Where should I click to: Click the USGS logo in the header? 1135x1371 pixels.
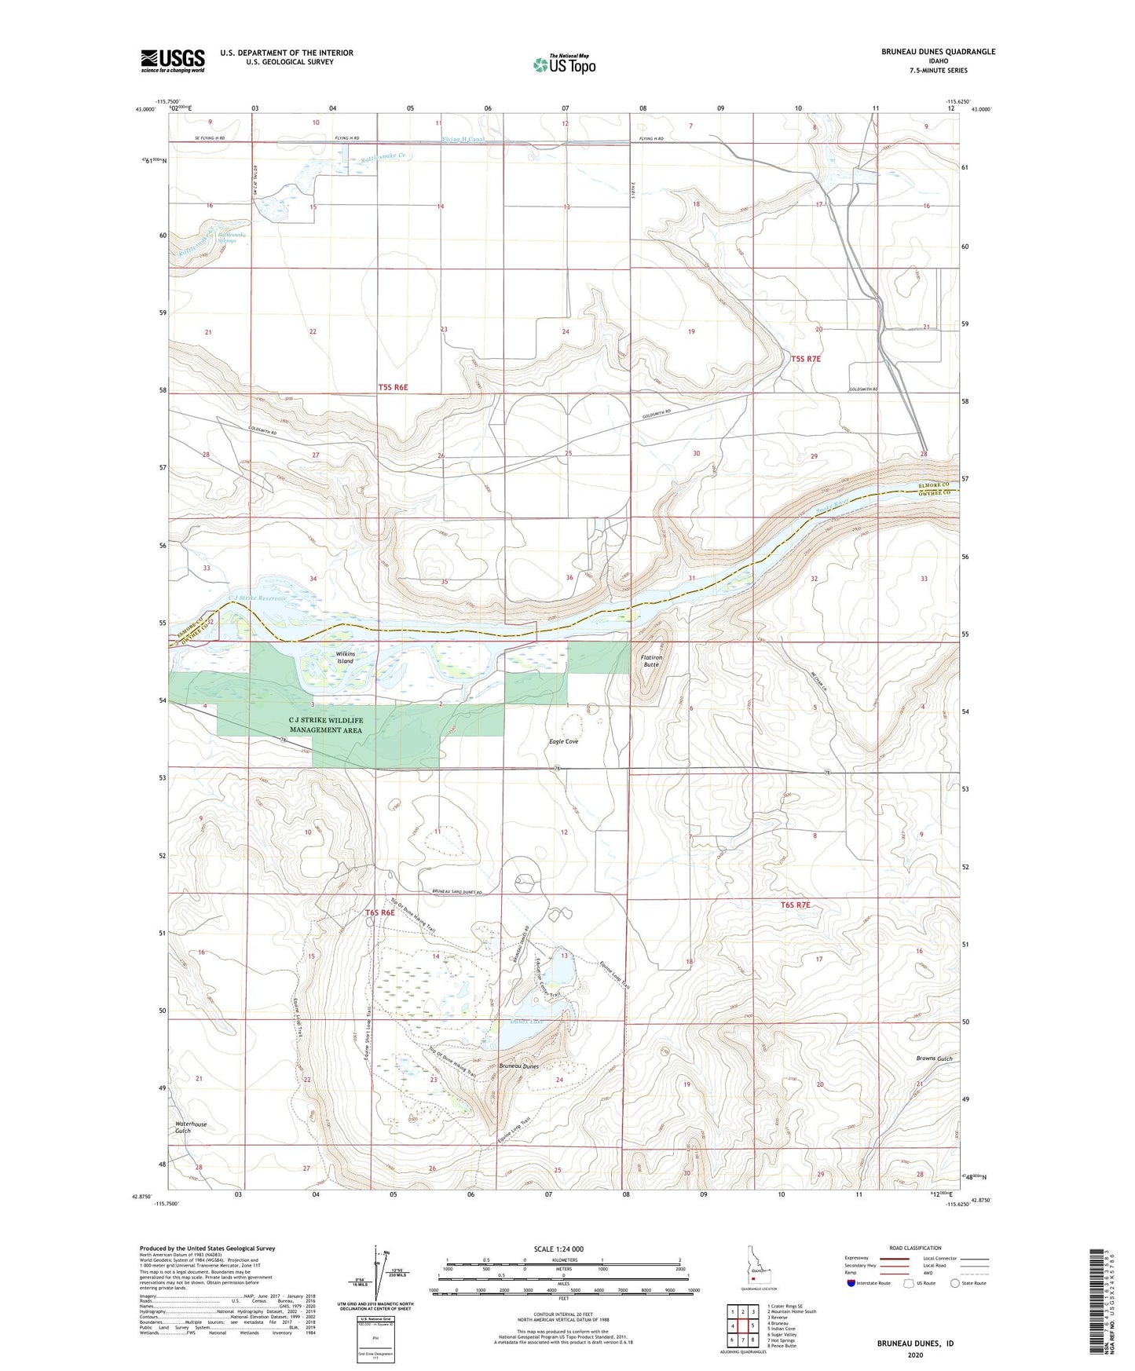173,60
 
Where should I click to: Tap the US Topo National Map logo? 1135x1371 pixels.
564,64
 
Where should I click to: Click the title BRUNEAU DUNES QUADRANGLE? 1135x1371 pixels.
938,52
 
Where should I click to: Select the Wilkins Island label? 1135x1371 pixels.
346,657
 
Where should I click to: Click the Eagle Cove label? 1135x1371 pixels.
563,741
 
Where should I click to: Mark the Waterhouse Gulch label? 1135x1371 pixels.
191,1128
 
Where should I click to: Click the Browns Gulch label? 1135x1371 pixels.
934,1058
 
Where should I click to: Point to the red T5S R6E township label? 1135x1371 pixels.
393,387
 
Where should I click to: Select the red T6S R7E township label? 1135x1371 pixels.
795,905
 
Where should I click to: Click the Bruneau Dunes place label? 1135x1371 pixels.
518,1066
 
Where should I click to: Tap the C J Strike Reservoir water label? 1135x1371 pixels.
258,598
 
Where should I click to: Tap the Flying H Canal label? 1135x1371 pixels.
463,140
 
